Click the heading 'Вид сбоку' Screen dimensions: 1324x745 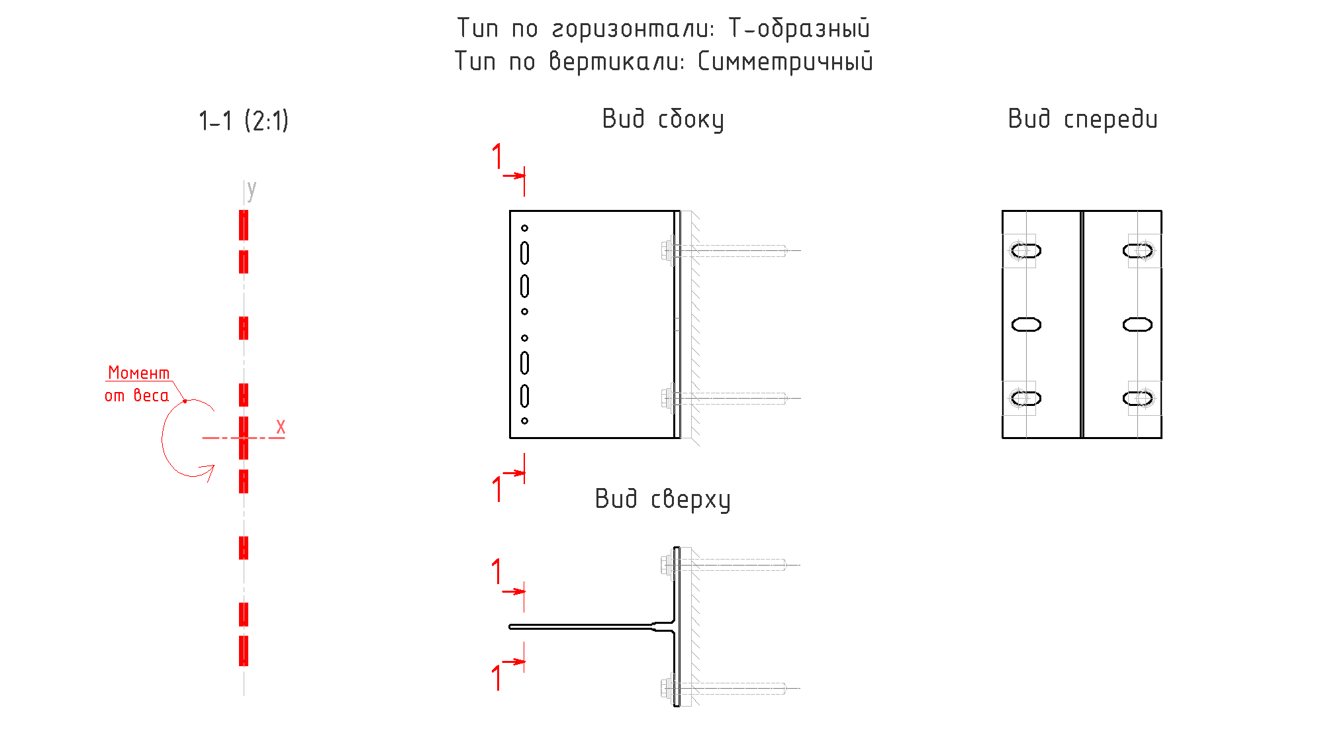663,120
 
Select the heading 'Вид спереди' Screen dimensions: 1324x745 1082,119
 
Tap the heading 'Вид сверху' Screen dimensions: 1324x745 663,499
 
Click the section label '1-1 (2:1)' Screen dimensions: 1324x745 244,121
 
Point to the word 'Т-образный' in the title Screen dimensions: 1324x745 799,28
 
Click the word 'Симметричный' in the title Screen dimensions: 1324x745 785,62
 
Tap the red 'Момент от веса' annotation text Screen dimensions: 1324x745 138,384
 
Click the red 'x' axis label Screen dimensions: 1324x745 281,427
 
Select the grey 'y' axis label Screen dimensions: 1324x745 252,190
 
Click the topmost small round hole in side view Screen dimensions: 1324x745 524,228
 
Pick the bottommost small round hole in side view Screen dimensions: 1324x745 524,421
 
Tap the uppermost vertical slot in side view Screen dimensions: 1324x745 524,253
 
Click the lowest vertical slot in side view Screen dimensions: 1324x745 524,396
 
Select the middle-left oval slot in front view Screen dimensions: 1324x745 1026,324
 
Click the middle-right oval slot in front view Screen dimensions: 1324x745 1137,324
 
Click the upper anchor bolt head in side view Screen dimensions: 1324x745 667,251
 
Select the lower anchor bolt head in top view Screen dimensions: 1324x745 667,688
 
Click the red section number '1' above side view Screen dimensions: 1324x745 497,156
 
